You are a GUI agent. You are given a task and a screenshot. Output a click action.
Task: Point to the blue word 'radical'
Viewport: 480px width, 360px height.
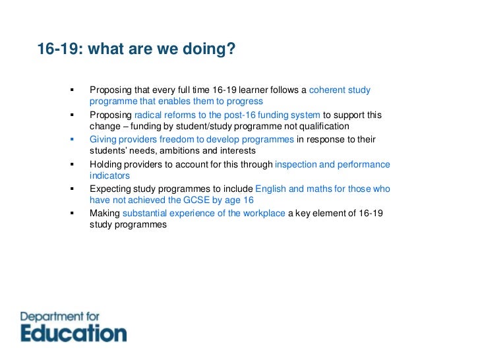click(148, 115)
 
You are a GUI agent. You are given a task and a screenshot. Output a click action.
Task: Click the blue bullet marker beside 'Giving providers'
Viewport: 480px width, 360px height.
click(72, 140)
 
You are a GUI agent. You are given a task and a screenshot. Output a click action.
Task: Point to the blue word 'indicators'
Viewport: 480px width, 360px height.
click(109, 176)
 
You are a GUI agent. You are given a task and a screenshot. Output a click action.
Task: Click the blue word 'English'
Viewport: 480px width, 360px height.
click(271, 189)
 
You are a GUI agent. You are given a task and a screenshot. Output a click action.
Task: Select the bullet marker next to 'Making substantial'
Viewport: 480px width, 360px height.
click(72, 214)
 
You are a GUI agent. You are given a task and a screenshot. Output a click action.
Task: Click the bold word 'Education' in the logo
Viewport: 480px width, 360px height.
click(73, 332)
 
